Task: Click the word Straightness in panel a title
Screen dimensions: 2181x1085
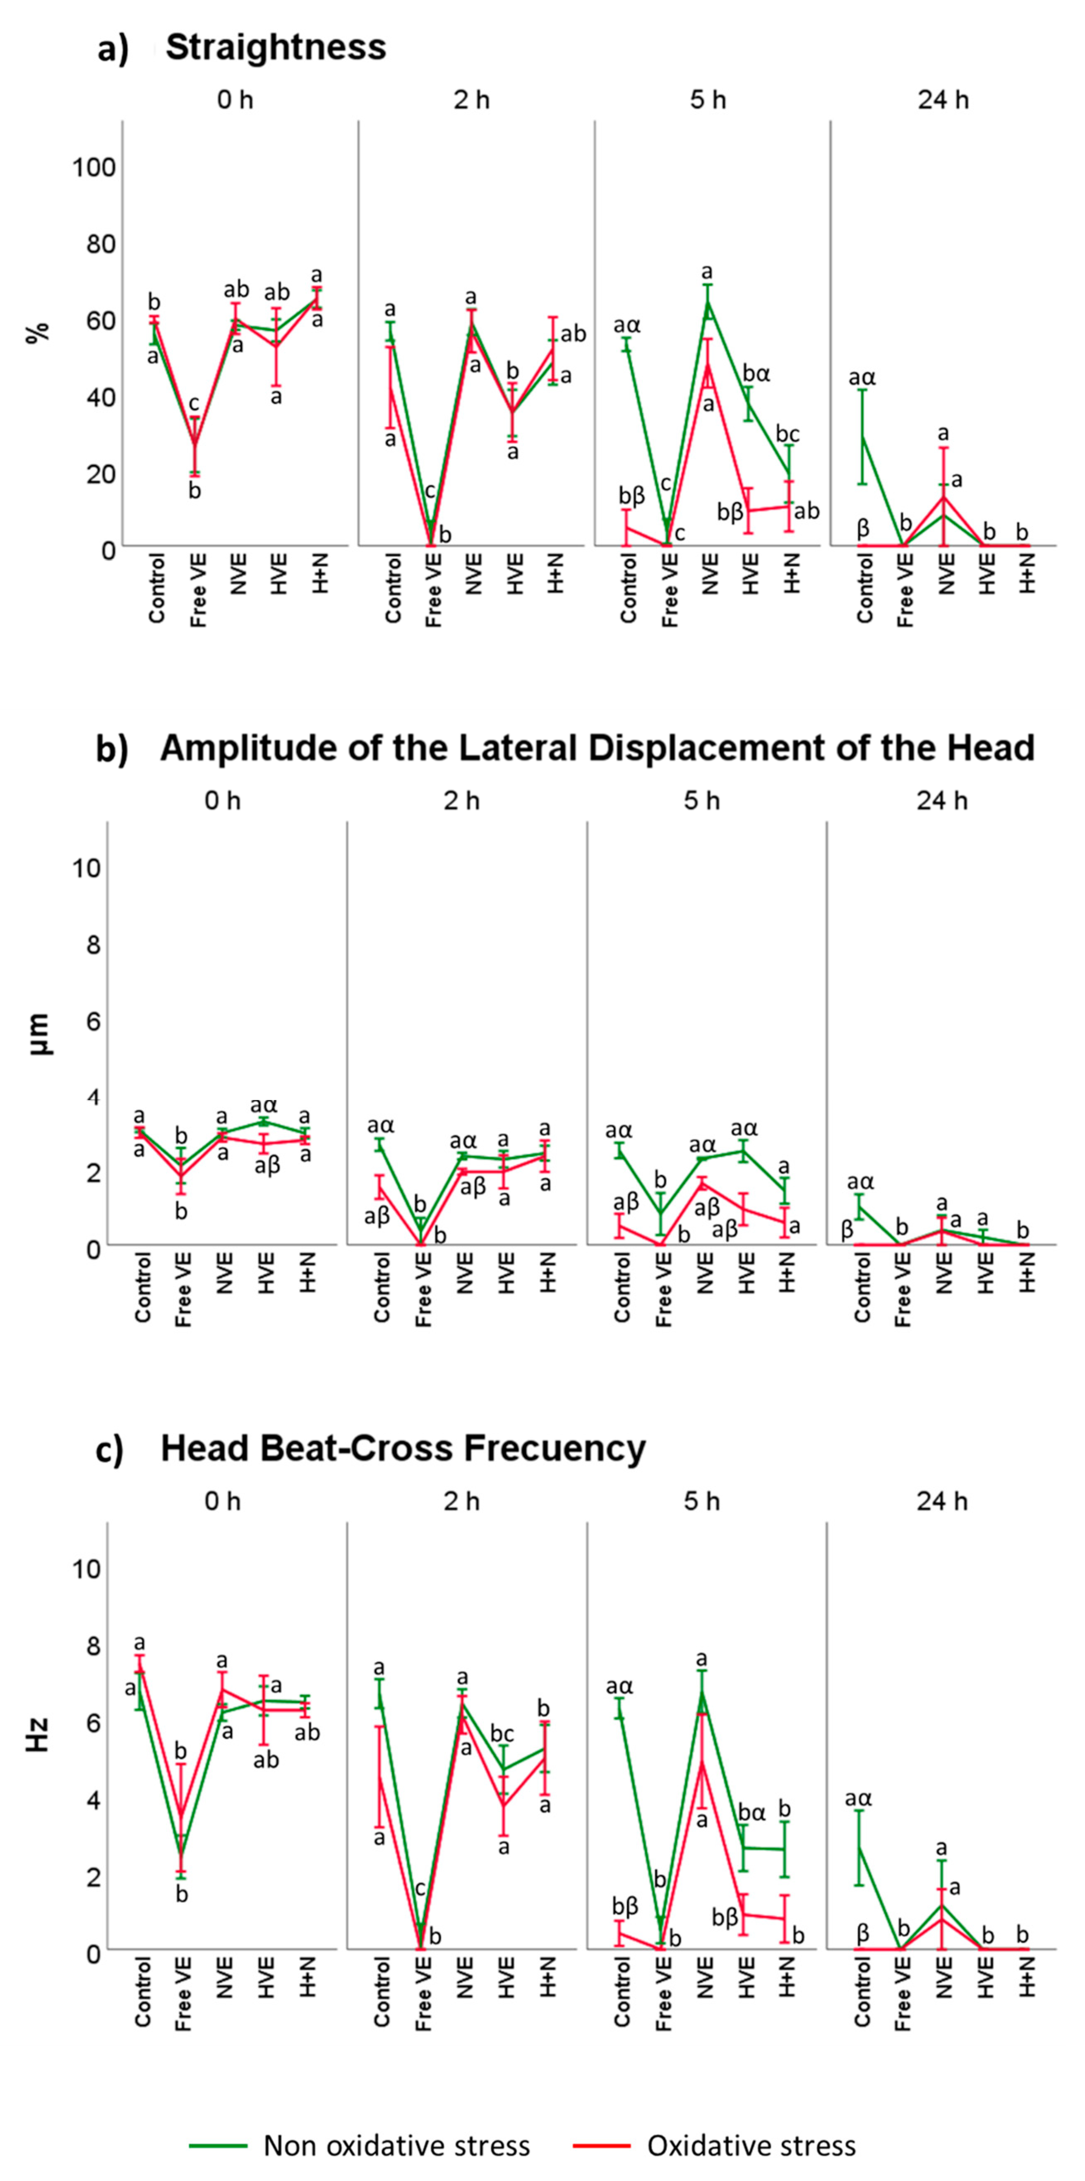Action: [x=276, y=48]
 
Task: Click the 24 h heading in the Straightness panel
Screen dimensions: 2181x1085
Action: [x=943, y=100]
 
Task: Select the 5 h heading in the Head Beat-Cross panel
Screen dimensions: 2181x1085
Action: [x=702, y=1501]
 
